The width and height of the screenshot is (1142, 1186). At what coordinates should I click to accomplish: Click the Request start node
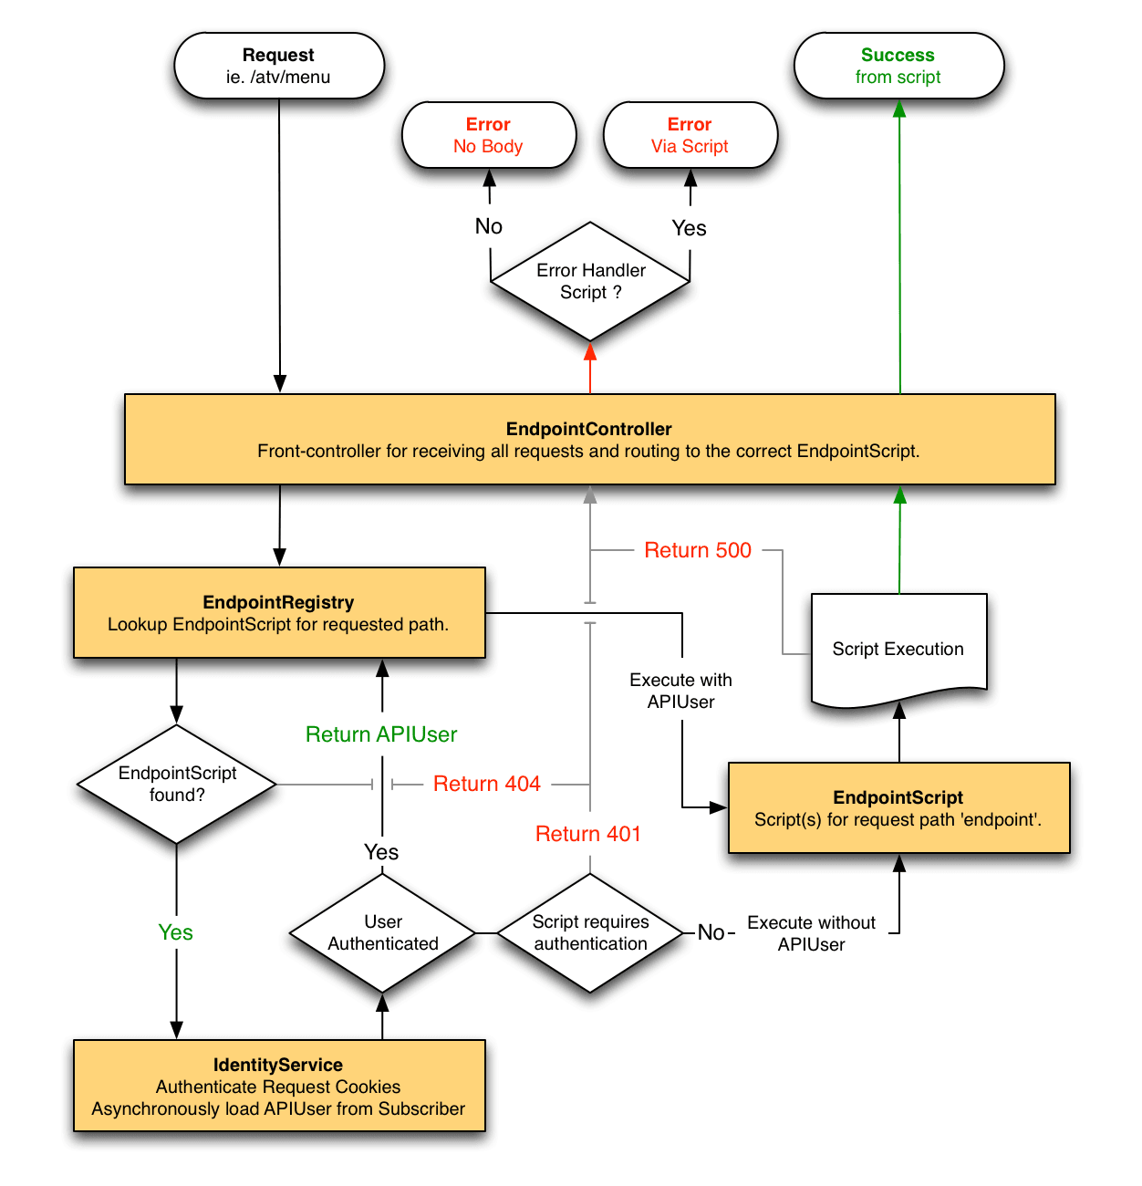click(x=278, y=66)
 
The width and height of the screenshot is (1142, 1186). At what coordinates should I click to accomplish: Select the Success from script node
click(x=898, y=66)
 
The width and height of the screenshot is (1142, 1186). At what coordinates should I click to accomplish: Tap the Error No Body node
click(x=488, y=135)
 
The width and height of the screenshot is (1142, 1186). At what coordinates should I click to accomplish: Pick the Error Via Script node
click(x=690, y=135)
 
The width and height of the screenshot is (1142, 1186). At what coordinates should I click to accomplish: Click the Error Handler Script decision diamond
click(x=590, y=281)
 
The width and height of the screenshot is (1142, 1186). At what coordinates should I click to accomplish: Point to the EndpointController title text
click(x=588, y=429)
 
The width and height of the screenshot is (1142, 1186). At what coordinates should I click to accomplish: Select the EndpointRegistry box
click(x=278, y=613)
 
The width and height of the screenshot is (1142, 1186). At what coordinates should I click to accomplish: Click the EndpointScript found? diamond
click(x=177, y=784)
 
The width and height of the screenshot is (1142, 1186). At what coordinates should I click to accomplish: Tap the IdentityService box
click(x=278, y=1086)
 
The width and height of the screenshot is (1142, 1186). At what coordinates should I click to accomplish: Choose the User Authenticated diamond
click(x=383, y=932)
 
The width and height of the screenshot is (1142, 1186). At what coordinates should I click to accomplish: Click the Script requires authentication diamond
click(x=590, y=932)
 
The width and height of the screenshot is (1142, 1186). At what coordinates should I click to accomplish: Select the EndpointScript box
click(x=898, y=808)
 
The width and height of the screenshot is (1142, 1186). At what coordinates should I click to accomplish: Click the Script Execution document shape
click(x=898, y=650)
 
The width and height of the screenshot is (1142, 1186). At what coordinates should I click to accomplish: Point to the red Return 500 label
click(x=698, y=550)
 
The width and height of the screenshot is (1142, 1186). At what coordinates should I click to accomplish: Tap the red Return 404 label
click(x=486, y=784)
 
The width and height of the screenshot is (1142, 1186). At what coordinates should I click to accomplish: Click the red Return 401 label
click(x=588, y=834)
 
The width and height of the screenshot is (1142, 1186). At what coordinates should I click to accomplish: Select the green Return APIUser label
click(x=381, y=734)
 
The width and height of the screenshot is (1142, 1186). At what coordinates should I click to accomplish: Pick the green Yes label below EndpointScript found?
click(x=176, y=932)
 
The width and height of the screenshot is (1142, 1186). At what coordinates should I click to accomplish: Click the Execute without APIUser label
click(x=811, y=933)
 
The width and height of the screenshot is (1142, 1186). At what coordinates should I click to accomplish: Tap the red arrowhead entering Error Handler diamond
click(x=590, y=352)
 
